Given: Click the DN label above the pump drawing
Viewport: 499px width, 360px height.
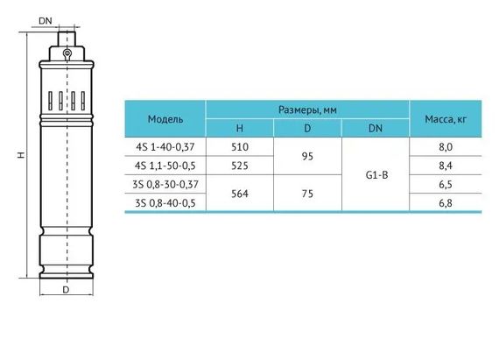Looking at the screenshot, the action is [46, 21].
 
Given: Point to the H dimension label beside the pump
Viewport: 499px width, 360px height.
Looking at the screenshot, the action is [21, 155].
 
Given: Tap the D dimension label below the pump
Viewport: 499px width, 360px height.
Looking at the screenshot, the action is [66, 290].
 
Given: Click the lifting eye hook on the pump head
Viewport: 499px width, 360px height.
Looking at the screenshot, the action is [67, 54].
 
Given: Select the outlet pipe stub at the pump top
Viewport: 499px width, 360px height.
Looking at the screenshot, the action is [67, 39].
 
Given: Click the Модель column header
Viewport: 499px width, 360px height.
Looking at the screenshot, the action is [165, 119].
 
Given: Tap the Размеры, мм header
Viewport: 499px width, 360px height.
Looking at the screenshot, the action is [307, 109].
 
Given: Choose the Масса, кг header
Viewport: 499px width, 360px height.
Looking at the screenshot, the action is [446, 119].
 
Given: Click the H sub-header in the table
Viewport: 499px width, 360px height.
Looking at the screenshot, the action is [240, 128].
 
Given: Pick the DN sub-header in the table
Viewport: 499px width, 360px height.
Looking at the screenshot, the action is [376, 128].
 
